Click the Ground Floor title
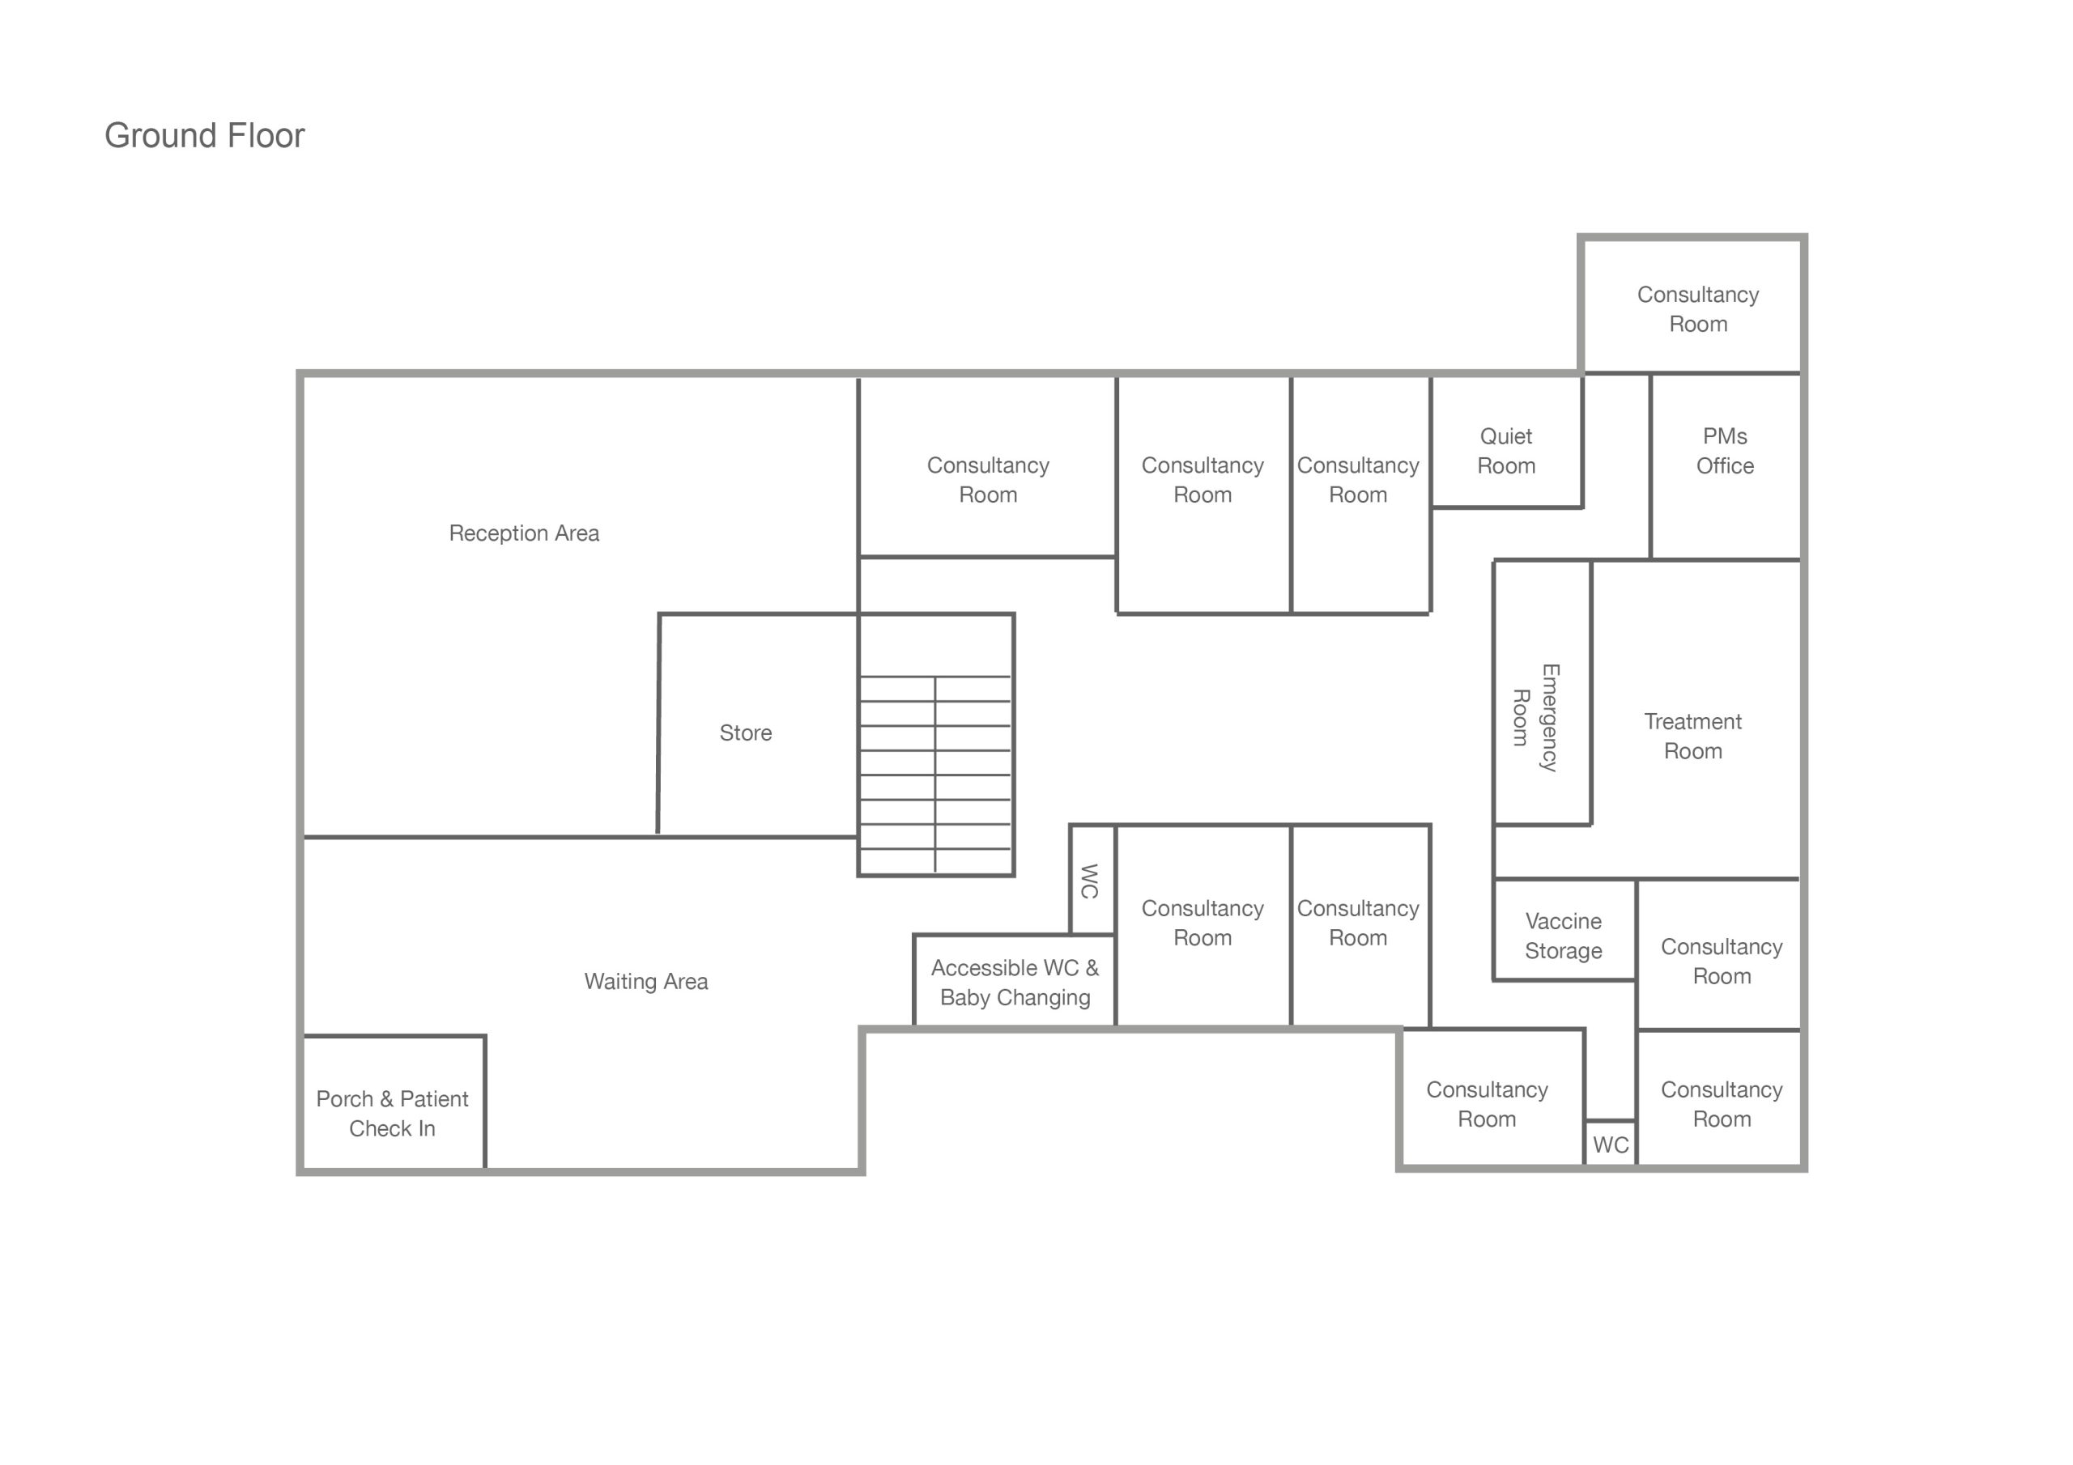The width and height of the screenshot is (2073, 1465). (x=204, y=135)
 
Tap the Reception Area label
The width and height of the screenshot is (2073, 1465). (x=524, y=533)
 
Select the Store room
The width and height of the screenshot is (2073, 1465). (x=746, y=733)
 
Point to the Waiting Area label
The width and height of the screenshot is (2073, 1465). (x=645, y=981)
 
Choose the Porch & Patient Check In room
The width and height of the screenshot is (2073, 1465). (x=393, y=1113)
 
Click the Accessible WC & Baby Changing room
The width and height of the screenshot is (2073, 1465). (x=1015, y=982)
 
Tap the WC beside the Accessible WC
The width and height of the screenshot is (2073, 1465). (x=1091, y=881)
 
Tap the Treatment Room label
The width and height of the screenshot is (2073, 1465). (x=1693, y=736)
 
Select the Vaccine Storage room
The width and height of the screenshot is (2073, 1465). (x=1563, y=935)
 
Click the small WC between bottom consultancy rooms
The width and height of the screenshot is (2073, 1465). (x=1611, y=1144)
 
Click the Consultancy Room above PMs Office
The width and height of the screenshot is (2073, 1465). (x=1697, y=308)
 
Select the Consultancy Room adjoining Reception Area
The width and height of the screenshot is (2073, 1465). (x=988, y=479)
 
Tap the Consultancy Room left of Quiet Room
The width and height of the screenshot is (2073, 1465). (x=1358, y=479)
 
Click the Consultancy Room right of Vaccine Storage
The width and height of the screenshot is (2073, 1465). (x=1721, y=961)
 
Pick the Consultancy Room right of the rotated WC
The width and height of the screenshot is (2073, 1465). (x=1202, y=923)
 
